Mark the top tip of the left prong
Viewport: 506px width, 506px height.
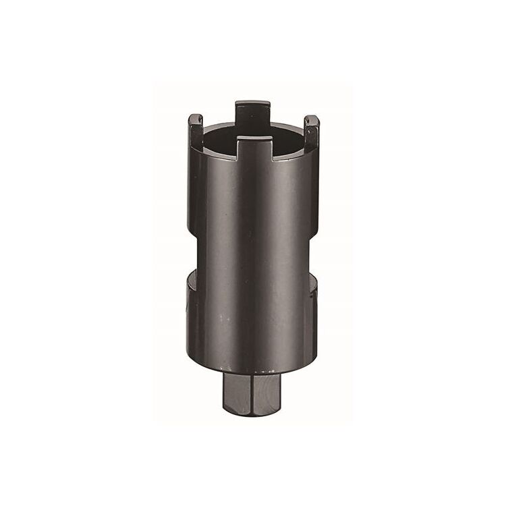coord(195,116)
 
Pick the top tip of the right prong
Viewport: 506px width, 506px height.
coord(311,117)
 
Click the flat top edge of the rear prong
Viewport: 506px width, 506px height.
coord(253,103)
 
